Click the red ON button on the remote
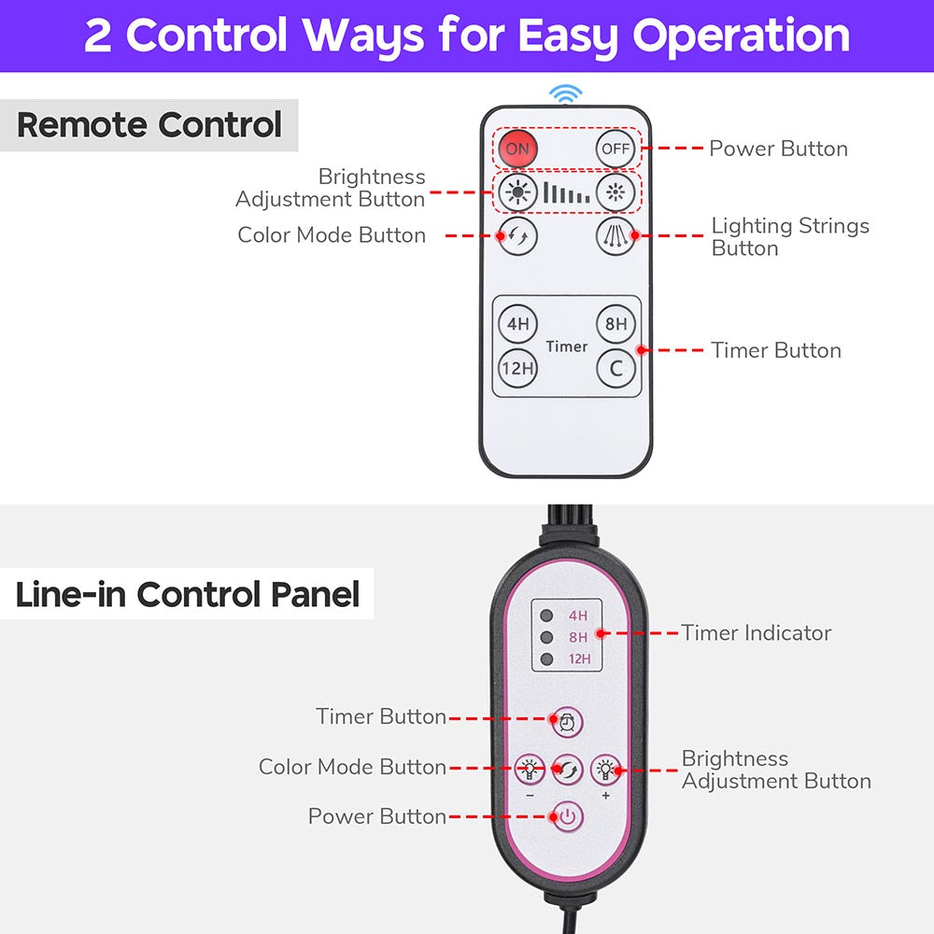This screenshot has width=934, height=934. [517, 149]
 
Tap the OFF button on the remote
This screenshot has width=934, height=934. [616, 149]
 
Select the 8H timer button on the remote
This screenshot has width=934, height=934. [616, 324]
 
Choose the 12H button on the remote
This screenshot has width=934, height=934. [517, 368]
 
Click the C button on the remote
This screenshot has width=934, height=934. [616, 368]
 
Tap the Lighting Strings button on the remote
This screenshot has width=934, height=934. [616, 235]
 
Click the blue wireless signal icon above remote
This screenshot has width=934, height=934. [565, 93]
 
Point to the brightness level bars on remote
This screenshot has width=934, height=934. [567, 193]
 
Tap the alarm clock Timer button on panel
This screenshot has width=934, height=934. [567, 721]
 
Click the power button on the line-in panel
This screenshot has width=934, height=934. [567, 817]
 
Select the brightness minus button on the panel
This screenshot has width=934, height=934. [530, 770]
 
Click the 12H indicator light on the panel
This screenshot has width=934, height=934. [546, 659]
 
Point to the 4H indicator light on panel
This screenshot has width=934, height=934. [546, 616]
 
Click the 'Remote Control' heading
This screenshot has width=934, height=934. [149, 125]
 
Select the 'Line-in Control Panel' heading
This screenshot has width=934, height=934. [188, 594]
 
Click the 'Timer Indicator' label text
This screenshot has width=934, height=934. [756, 633]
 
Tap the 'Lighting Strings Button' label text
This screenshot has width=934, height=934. [789, 237]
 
